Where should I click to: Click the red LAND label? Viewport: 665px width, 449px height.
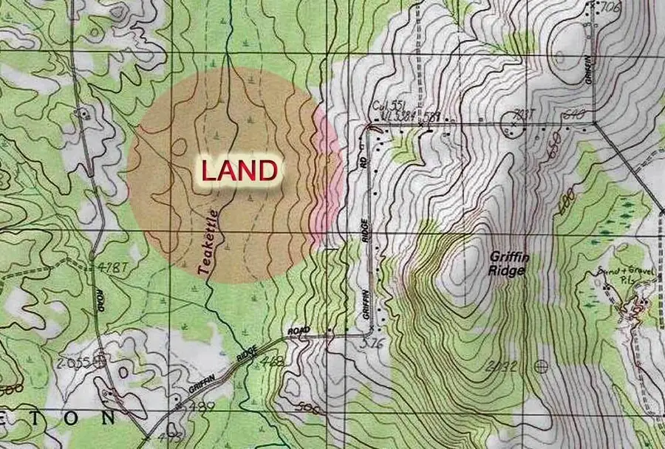[239, 171]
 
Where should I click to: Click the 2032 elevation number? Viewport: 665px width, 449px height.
[503, 366]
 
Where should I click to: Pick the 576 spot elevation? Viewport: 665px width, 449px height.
[370, 343]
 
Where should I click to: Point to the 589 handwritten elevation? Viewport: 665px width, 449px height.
[432, 116]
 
